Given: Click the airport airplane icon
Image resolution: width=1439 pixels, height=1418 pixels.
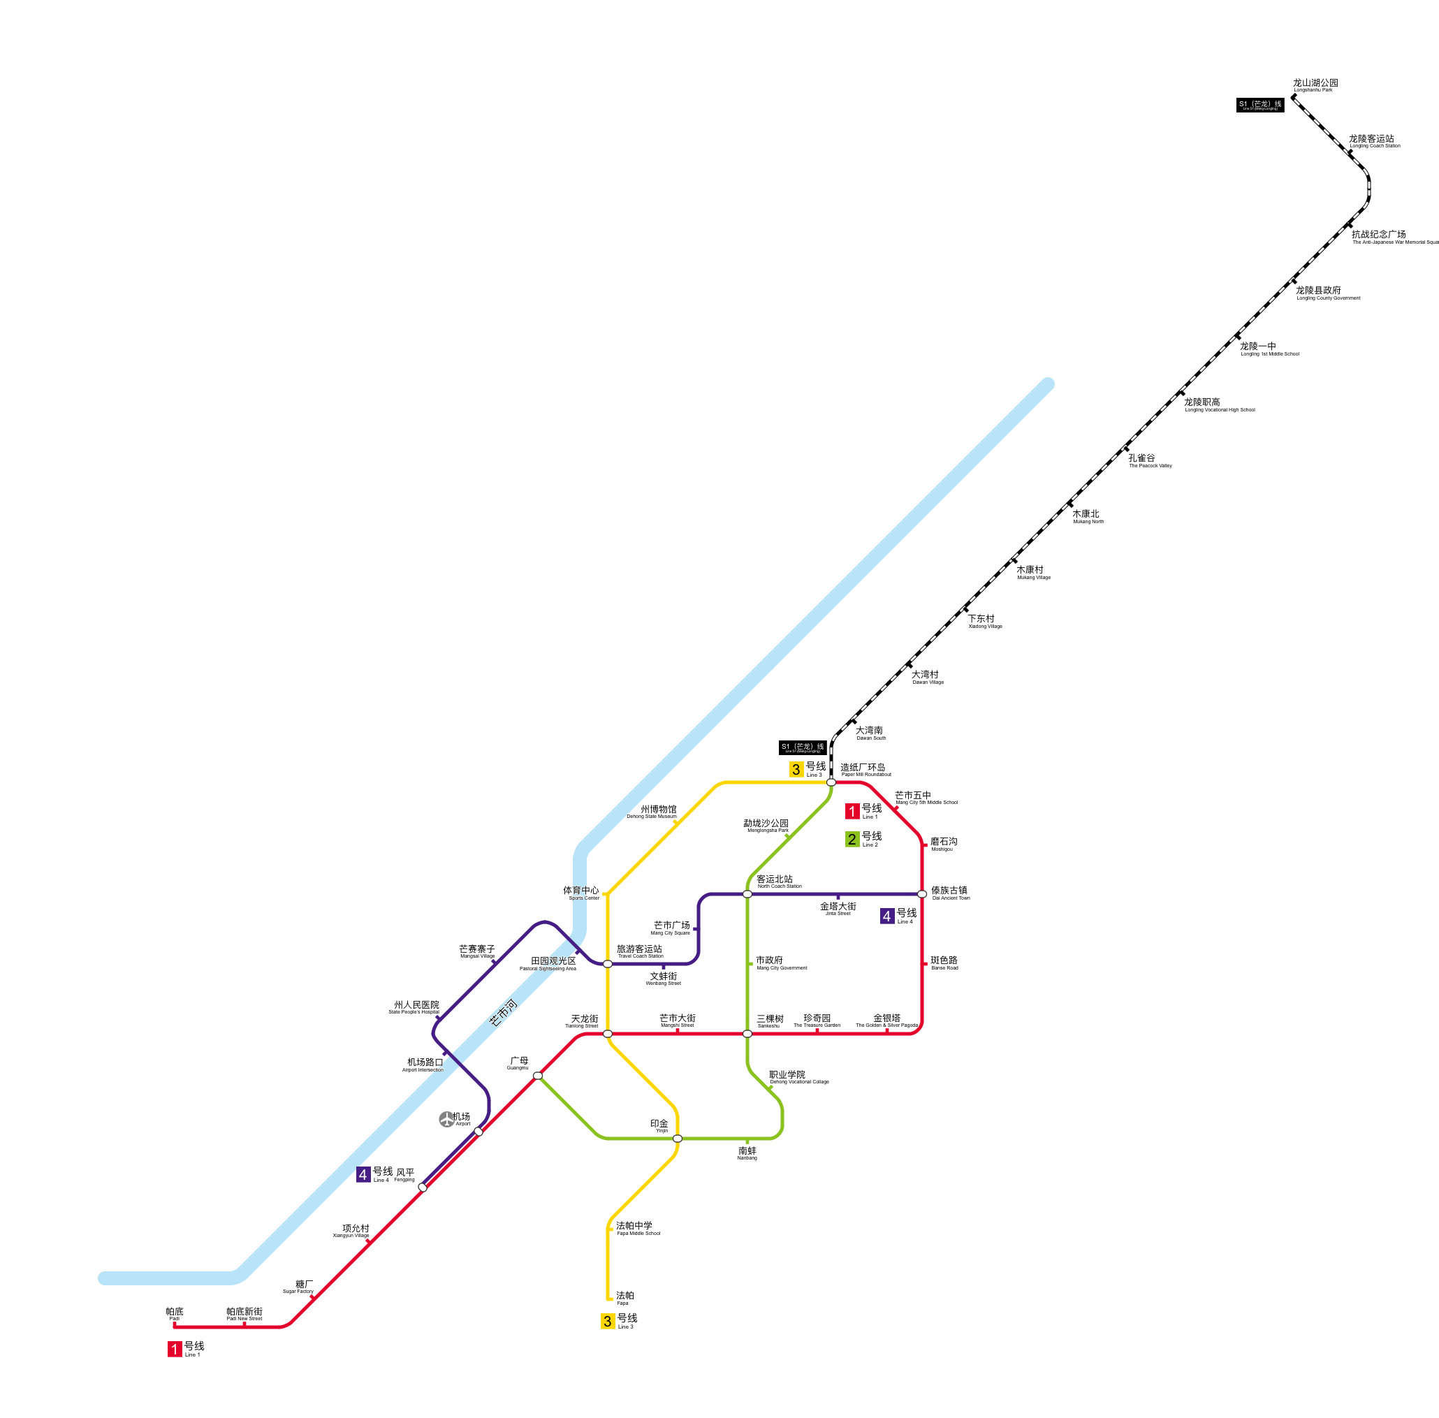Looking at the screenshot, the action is tap(446, 1119).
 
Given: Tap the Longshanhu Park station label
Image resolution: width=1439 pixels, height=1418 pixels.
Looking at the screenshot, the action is tap(1315, 86).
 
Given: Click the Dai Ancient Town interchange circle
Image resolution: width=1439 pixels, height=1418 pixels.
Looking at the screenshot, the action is tap(922, 894).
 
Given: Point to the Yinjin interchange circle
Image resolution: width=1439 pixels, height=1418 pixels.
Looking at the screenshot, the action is tap(677, 1139).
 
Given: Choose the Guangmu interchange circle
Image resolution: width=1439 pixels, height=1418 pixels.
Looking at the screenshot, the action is tap(538, 1076).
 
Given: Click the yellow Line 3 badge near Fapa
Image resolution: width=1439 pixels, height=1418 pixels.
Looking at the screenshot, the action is tap(608, 1321).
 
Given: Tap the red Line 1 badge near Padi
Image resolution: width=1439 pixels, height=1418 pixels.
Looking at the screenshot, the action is tap(175, 1349).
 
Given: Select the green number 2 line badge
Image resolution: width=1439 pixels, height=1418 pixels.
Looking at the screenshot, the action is tap(852, 840).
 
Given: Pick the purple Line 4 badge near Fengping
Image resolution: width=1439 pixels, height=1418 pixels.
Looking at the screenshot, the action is tap(363, 1174).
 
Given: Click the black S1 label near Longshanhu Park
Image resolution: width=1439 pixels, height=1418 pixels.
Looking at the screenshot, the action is tap(1260, 105).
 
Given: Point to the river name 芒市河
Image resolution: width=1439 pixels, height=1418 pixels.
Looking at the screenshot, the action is tap(503, 1013).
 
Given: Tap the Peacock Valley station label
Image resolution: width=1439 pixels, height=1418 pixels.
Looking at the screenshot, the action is tap(1149, 461).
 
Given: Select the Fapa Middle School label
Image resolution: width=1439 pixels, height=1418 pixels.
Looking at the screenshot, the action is tap(638, 1229).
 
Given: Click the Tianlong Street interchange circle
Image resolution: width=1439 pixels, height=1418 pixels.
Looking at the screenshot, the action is tap(608, 1034).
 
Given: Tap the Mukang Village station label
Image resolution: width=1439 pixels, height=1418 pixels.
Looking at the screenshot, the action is tap(1033, 573).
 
